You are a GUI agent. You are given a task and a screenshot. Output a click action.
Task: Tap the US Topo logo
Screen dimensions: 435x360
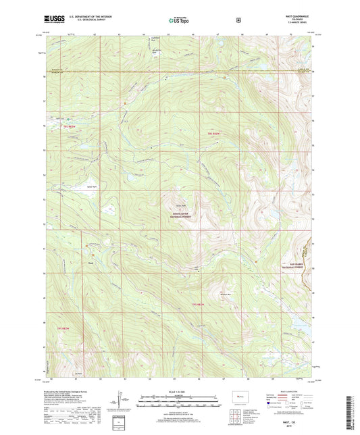click(x=179, y=20)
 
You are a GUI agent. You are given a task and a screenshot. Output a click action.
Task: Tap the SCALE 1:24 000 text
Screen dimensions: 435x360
click(x=180, y=392)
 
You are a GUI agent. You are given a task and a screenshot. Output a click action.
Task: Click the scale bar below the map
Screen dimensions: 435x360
click(x=180, y=404)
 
